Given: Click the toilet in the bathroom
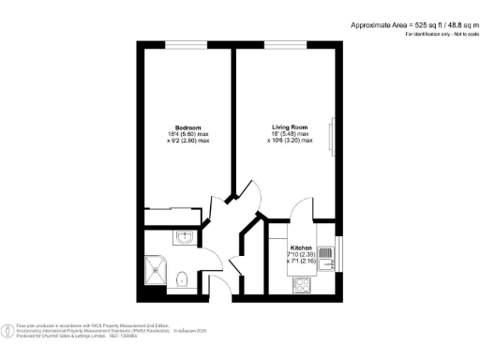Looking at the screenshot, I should click(x=183, y=277).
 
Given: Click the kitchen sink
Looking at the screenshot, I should click(x=325, y=256).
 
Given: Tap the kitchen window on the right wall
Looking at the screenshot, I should click(x=337, y=253).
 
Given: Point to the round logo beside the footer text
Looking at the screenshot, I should click(x=8, y=329).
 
